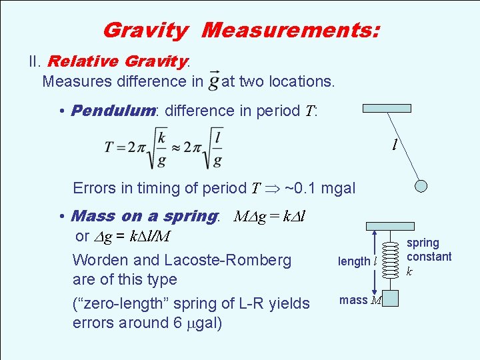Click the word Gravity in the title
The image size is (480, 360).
click(x=145, y=30)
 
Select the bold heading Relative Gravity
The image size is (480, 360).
click(x=118, y=62)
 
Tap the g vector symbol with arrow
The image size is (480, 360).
click(x=213, y=81)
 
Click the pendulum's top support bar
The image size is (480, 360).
click(x=386, y=108)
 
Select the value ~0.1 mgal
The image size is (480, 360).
click(x=319, y=188)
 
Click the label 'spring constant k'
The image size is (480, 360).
click(x=429, y=257)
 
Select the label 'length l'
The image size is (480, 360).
click(x=357, y=261)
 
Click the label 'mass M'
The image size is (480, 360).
click(x=360, y=300)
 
